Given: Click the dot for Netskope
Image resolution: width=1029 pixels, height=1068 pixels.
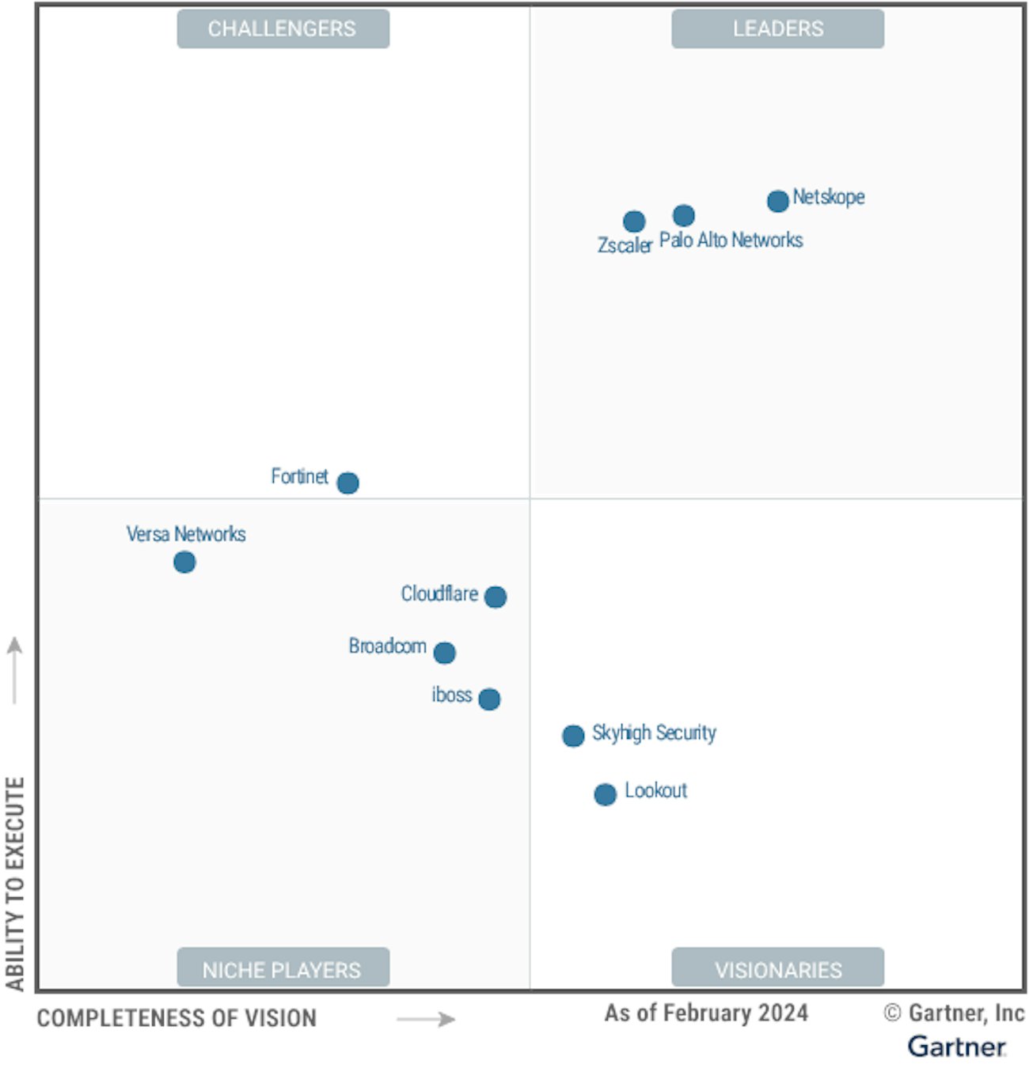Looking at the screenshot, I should point(777,201).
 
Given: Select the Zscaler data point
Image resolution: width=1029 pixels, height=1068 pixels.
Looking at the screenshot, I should point(633,222).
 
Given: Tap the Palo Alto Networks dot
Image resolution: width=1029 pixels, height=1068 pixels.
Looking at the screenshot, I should point(684,215).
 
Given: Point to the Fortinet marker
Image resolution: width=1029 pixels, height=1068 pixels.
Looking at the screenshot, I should point(347,483).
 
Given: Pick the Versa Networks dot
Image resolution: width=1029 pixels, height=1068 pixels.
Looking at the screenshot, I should point(184,562).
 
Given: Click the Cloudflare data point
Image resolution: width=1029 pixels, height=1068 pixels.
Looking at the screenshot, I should point(496,596).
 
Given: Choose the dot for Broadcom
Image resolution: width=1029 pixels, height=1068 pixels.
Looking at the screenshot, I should point(445,653).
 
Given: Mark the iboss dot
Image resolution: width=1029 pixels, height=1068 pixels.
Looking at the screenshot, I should point(489,699).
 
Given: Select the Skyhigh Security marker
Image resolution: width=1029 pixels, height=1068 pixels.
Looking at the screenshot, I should point(573,736).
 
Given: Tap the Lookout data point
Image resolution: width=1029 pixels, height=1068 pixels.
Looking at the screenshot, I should point(605,794).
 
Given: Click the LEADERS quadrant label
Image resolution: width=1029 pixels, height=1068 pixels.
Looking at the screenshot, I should point(777,29).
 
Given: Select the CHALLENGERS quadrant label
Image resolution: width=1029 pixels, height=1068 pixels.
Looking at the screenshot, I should point(283,29).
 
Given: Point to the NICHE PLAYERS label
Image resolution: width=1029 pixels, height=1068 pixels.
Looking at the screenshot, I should point(283,969).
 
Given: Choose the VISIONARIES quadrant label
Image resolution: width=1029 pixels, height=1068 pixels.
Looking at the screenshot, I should point(777,969).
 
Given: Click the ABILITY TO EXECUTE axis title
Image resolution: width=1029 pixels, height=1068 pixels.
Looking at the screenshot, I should point(15,884).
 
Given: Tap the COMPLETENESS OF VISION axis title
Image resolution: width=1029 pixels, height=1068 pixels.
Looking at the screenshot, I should point(177,1018).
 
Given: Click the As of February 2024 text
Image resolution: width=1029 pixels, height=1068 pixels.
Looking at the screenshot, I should point(706,1013).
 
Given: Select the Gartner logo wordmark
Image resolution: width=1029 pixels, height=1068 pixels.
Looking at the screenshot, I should point(956,1047).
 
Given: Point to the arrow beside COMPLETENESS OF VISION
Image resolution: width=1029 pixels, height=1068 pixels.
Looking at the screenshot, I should point(426,1019).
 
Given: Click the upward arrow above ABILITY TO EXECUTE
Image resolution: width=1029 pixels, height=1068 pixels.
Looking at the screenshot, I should point(15,669).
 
